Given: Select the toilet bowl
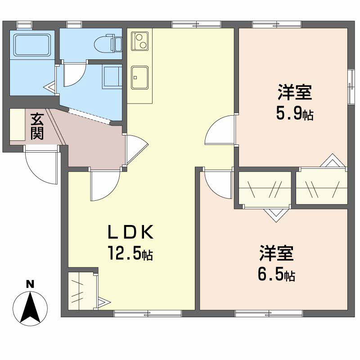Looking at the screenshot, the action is coord(108,43).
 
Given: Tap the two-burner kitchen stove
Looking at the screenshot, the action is coord(139,41).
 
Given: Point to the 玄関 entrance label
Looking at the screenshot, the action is coord(37,126).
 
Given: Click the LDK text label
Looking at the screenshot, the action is coord(130,232).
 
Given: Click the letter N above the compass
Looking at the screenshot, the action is coord(30,284).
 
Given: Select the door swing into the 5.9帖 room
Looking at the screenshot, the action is coord(220,130).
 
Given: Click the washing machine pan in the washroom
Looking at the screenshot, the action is coord(112,77).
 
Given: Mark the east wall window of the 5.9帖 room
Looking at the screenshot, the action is coord(351,87).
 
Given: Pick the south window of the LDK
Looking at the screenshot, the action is coord(148,314).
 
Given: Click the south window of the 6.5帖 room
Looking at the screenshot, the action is coord(269,314).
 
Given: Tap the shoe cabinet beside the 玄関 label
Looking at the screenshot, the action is coord(17,125).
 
